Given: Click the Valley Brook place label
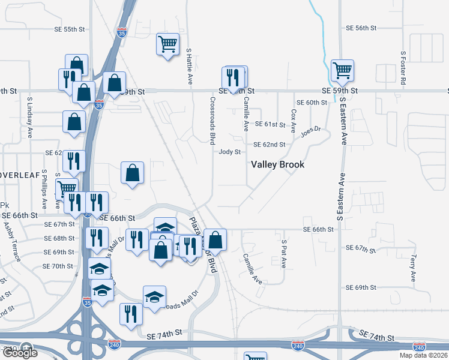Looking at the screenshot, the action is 277,164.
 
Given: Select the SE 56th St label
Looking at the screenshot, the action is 361,28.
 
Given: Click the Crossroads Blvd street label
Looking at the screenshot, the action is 212,121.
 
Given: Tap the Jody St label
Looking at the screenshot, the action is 229,152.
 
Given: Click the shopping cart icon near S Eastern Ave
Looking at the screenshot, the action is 342,70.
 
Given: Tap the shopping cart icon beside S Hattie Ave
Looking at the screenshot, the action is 167,43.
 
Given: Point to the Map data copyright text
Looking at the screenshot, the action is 424,355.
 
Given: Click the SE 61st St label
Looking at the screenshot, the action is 270,124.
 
